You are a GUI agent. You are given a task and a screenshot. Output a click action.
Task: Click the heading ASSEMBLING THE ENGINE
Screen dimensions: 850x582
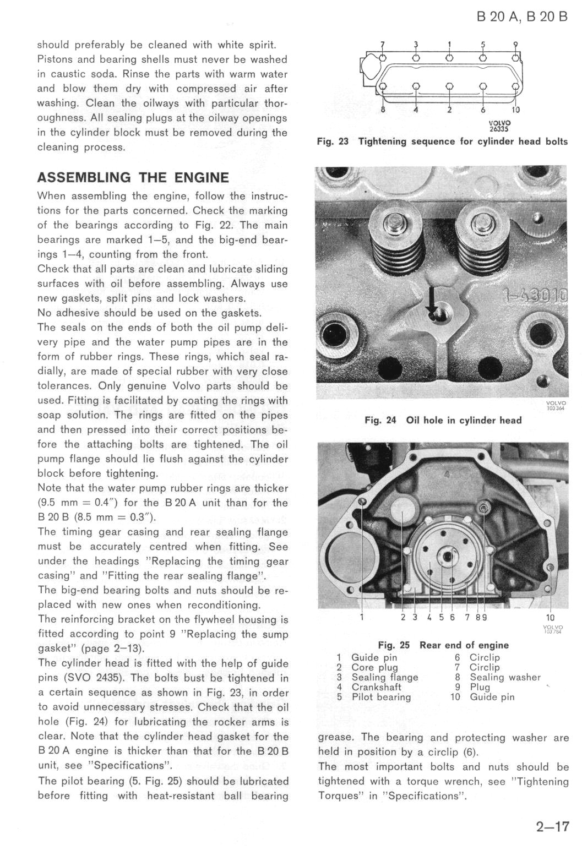pyautogui.click(x=133, y=178)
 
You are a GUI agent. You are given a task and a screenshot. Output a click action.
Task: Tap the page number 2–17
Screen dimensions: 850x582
pyautogui.click(x=551, y=826)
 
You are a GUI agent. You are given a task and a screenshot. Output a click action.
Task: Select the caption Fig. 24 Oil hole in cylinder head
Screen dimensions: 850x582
pyautogui.click(x=443, y=421)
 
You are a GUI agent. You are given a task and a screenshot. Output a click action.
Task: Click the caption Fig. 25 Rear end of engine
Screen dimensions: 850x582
pyautogui.click(x=443, y=645)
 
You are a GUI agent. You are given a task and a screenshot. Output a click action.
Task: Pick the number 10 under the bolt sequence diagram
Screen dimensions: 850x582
pyautogui.click(x=515, y=110)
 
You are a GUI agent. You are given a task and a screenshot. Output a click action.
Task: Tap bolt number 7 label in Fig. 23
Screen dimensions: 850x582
pyautogui.click(x=383, y=44)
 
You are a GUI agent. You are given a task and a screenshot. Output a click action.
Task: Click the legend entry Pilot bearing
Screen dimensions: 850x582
pyautogui.click(x=381, y=697)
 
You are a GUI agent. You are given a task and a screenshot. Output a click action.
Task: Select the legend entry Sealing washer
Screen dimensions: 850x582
pyautogui.click(x=505, y=677)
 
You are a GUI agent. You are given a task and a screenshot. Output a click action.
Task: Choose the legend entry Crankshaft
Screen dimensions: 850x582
pyautogui.click(x=376, y=687)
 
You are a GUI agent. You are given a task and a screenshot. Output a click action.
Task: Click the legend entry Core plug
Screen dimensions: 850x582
pyautogui.click(x=374, y=667)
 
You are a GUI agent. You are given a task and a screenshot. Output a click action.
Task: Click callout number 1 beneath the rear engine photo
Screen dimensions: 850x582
pyautogui.click(x=362, y=617)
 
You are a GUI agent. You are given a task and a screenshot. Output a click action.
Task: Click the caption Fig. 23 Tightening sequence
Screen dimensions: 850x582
pyautogui.click(x=442, y=141)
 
